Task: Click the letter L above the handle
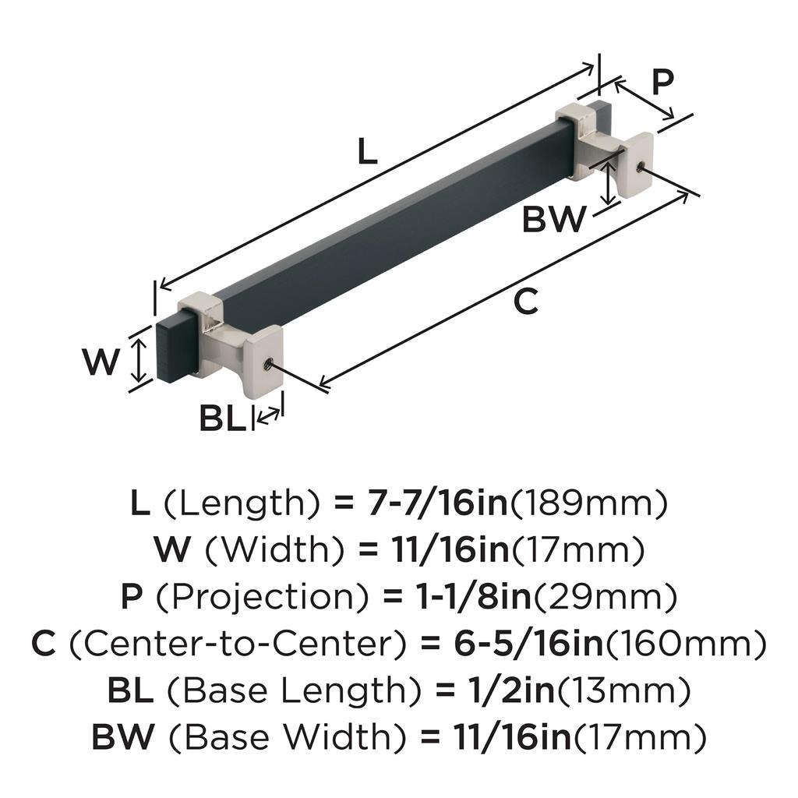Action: (368, 151)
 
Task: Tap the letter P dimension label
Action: (662, 81)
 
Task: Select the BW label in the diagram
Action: (554, 219)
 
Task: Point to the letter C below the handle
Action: (526, 302)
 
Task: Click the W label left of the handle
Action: (101, 362)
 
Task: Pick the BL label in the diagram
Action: (222, 418)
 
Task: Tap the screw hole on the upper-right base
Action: (641, 166)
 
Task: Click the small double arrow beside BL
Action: (268, 415)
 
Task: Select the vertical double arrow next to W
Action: (139, 361)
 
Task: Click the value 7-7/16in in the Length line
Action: (438, 503)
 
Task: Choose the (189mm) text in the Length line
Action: (588, 503)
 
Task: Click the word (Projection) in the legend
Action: (263, 597)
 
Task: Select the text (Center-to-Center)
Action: (238, 643)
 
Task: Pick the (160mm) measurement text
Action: (685, 644)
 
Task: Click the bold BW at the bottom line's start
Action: (123, 737)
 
